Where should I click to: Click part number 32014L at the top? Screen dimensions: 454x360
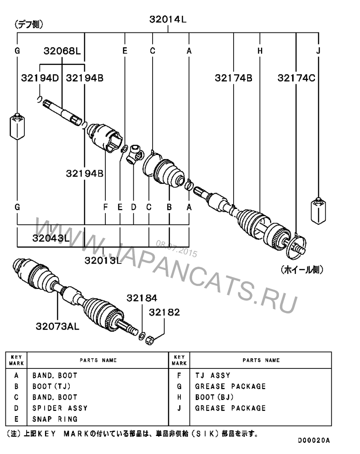click(x=168, y=19)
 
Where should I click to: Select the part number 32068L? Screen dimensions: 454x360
click(x=62, y=51)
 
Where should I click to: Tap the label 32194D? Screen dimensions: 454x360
click(x=40, y=77)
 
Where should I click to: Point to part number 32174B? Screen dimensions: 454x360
click(x=234, y=77)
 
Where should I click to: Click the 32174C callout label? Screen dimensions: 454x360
click(x=296, y=77)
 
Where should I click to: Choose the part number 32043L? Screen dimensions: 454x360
click(x=51, y=237)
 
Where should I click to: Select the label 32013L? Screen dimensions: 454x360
click(x=103, y=260)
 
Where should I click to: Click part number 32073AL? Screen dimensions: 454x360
click(x=58, y=326)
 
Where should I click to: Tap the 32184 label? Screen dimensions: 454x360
click(x=142, y=298)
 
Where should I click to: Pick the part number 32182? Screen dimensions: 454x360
click(x=164, y=312)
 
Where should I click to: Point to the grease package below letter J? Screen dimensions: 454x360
click(x=318, y=210)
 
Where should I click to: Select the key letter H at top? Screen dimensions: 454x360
click(x=260, y=51)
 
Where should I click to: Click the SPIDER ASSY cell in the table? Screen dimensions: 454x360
click(x=60, y=408)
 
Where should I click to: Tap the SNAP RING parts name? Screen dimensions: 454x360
click(x=55, y=419)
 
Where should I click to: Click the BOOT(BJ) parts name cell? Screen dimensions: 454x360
click(x=214, y=397)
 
